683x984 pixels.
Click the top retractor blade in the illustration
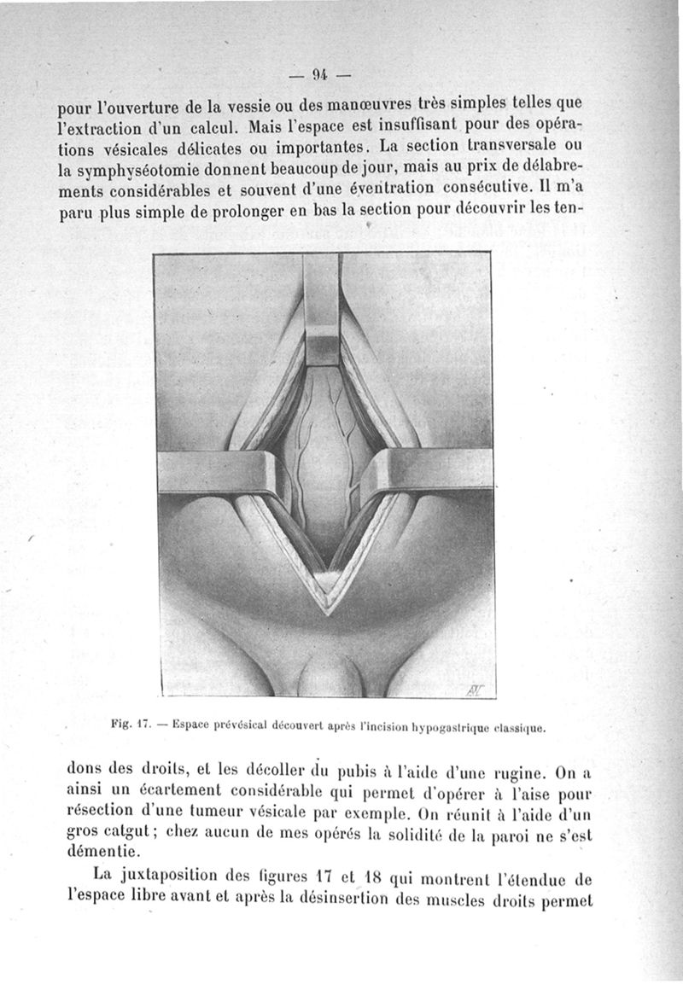pos(322,312)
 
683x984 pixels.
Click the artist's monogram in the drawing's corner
pos(475,685)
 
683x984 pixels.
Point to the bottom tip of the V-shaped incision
pos(324,608)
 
